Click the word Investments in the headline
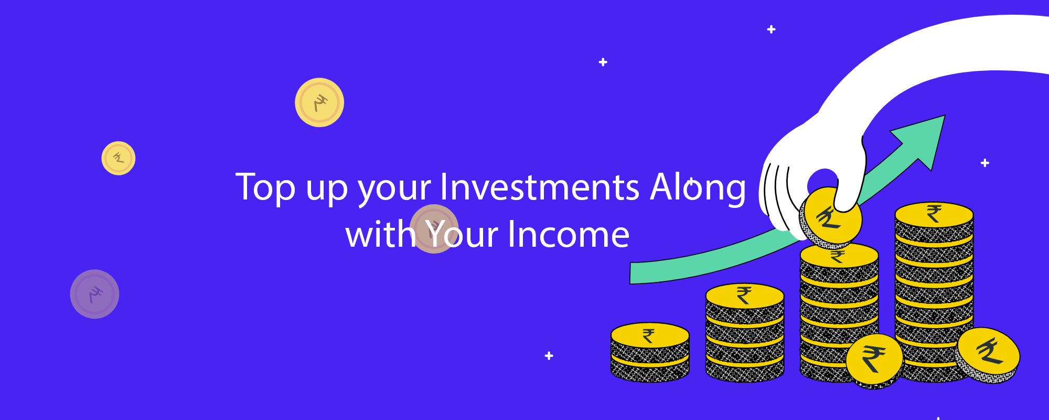[x=540, y=187]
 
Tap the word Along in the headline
[x=698, y=188]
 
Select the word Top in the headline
[x=265, y=188]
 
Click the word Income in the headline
[x=569, y=235]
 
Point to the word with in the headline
[x=380, y=234]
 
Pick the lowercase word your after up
[x=394, y=190]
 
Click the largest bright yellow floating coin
[x=319, y=102]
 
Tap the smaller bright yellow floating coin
[x=119, y=158]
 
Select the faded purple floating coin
[x=94, y=294]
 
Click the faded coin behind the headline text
[x=434, y=229]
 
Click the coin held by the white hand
[x=831, y=216]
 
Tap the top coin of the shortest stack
[x=650, y=335]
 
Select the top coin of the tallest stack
[x=934, y=215]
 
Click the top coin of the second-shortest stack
[x=745, y=296]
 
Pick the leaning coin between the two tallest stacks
[x=874, y=361]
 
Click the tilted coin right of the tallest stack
[x=988, y=354]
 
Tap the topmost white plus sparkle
[x=771, y=29]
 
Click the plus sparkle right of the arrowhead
[x=985, y=163]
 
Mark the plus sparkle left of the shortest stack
[x=549, y=355]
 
